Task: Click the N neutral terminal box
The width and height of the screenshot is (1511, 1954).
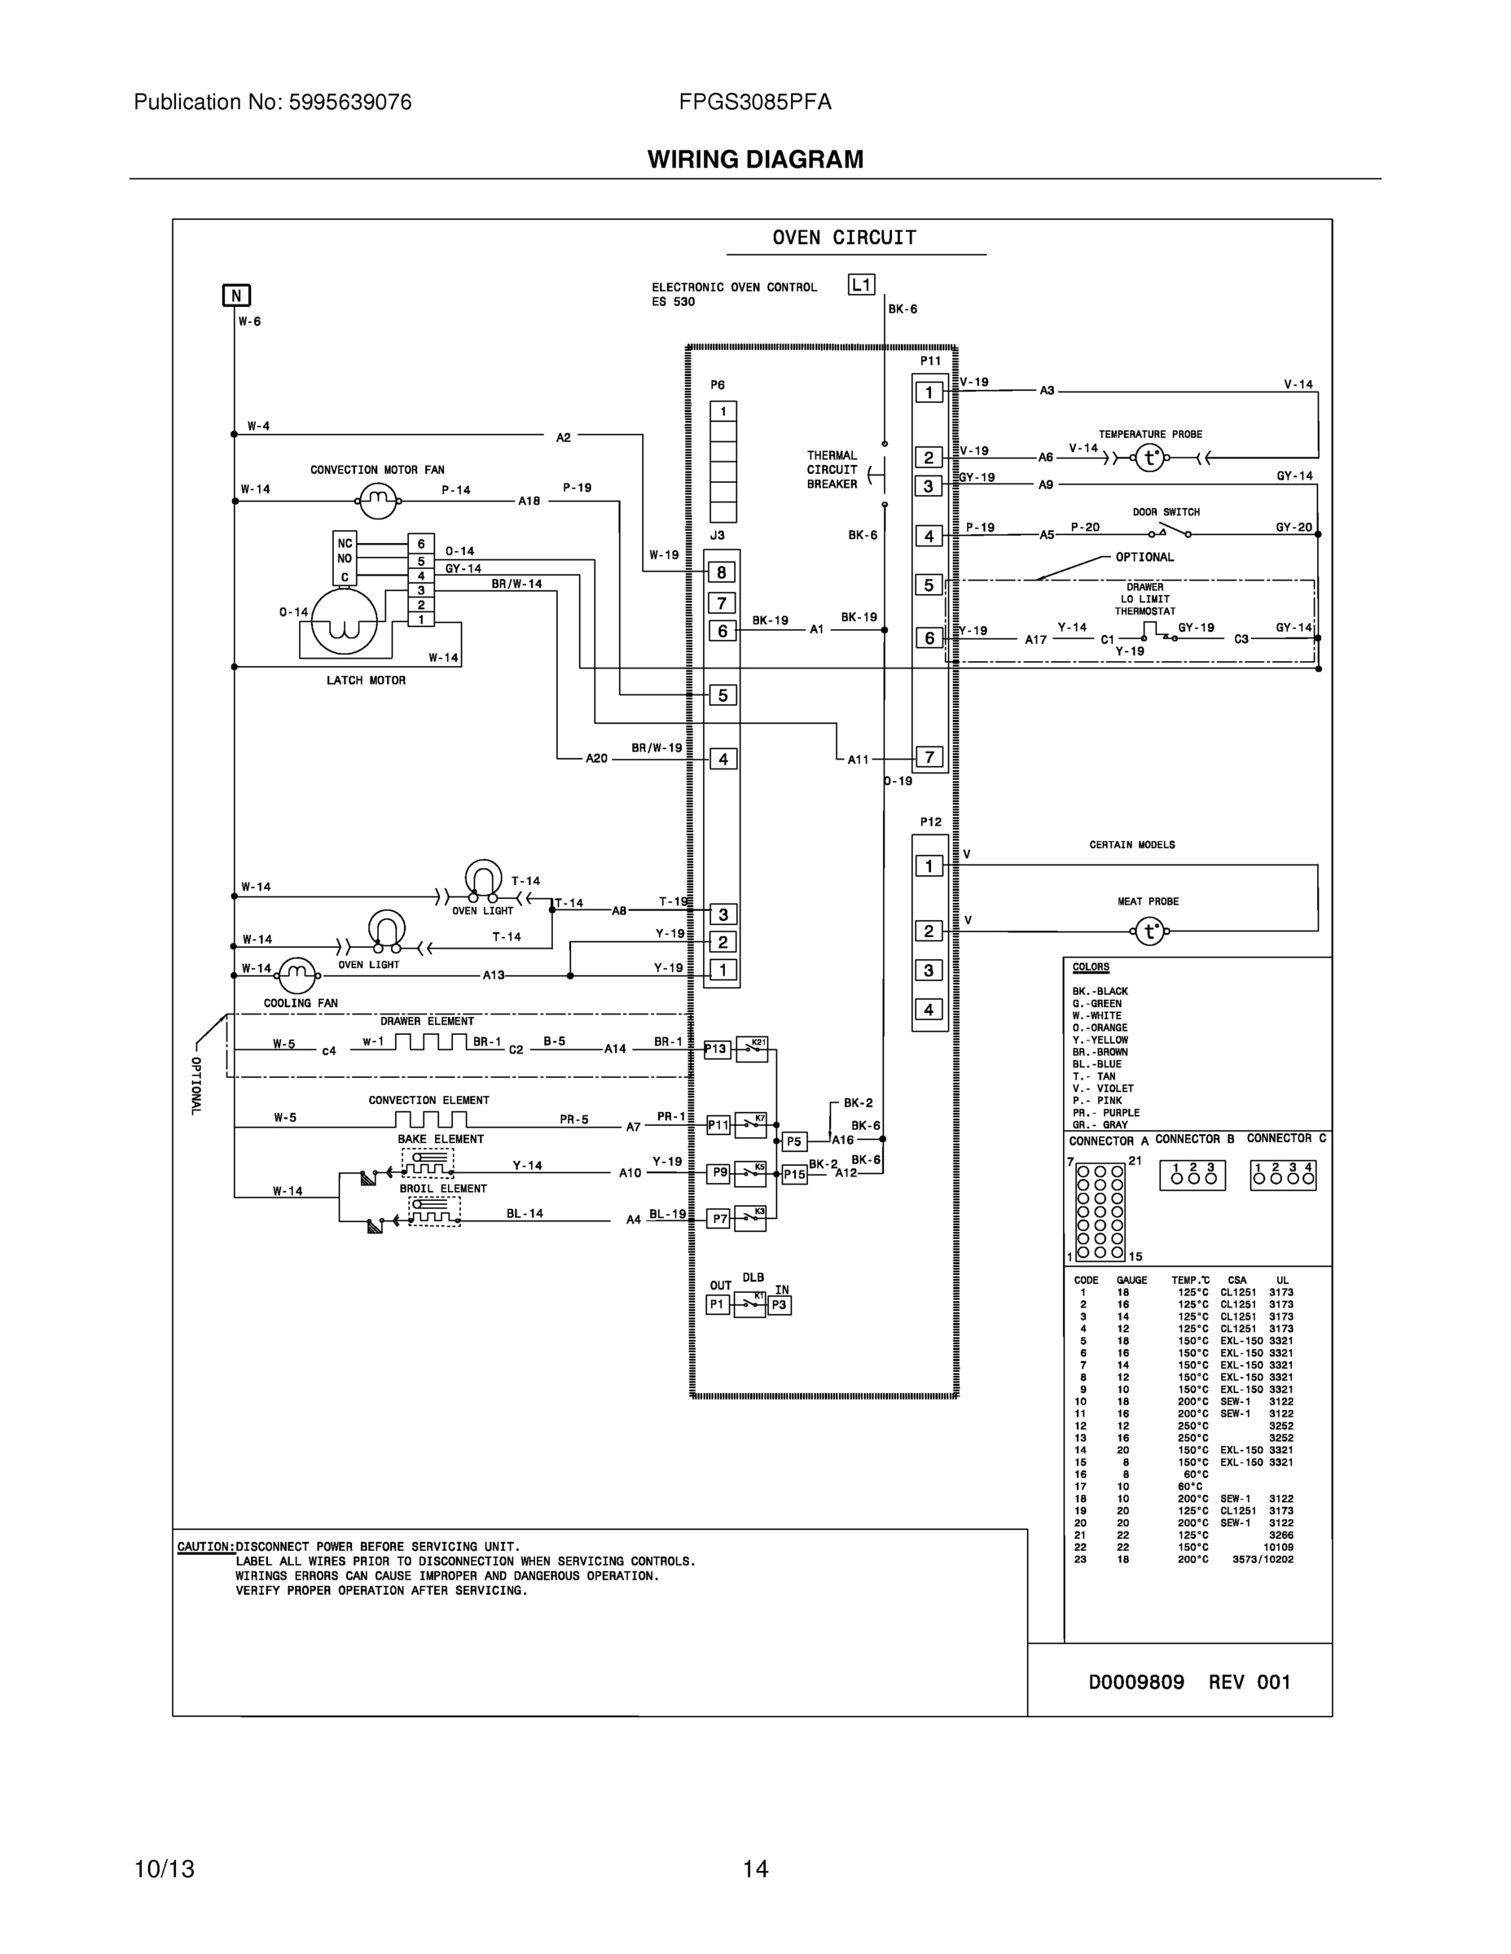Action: (x=236, y=296)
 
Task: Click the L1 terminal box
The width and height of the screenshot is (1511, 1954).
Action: (x=861, y=284)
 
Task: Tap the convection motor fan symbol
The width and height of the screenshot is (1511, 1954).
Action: (x=378, y=501)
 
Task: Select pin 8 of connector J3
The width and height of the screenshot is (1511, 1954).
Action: (x=723, y=572)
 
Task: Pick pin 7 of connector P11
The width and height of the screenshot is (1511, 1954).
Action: (x=929, y=757)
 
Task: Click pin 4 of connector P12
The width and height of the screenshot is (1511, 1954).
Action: (x=929, y=1010)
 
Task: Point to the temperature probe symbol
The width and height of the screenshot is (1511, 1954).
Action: (x=1149, y=458)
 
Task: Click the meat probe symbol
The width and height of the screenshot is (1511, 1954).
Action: (x=1149, y=932)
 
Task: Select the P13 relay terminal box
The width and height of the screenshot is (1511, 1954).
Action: (x=716, y=1049)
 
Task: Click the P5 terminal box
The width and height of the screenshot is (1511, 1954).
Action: (x=794, y=1141)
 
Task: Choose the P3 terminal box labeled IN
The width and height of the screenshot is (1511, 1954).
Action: (x=779, y=1305)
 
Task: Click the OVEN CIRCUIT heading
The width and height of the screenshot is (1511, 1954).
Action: (x=844, y=238)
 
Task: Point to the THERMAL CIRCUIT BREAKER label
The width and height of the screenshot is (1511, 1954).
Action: (x=832, y=470)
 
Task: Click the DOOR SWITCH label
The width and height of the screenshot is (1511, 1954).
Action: (x=1166, y=512)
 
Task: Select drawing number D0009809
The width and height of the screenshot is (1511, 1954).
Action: (x=1136, y=1682)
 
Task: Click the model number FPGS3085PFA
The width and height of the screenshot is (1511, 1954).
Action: (x=754, y=102)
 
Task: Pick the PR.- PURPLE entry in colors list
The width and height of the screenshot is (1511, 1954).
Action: (x=1105, y=1113)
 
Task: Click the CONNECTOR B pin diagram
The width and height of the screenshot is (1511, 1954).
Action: (x=1193, y=1176)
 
